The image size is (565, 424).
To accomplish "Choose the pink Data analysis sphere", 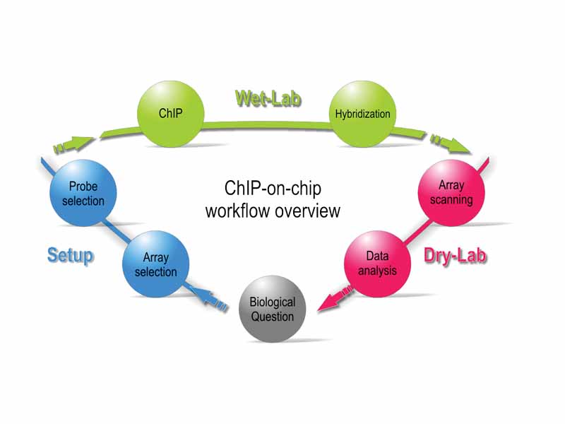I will coord(377,262).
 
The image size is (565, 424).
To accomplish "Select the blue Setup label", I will coord(70,254).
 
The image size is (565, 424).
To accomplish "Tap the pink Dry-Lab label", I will coord(455,255).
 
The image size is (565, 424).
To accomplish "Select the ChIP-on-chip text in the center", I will coord(273,189).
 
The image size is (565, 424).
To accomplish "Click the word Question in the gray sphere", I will coord(273,316).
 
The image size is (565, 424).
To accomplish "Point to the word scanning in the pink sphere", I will coord(451,199).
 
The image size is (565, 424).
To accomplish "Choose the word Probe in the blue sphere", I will coord(83,186).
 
